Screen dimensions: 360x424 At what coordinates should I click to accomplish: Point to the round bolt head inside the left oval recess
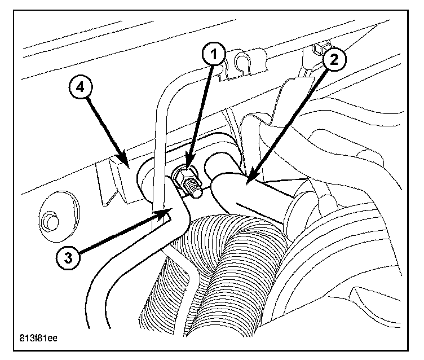coord(50,217)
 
